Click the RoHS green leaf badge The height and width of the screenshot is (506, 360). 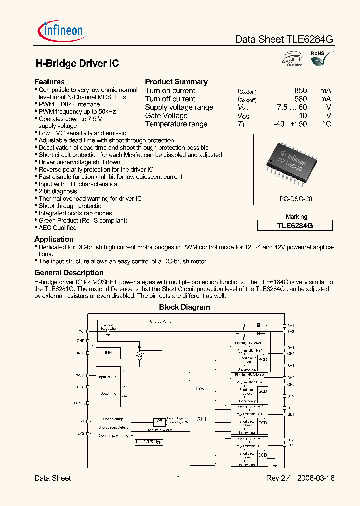click(317, 58)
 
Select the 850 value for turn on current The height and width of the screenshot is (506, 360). click(300, 91)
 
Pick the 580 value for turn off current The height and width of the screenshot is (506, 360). click(300, 99)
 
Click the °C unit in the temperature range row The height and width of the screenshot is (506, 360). click(327, 124)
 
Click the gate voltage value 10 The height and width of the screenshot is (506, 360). click(302, 116)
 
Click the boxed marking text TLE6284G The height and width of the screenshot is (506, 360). click(295, 225)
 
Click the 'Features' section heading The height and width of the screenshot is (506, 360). click(49, 82)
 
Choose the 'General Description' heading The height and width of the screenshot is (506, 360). click(69, 273)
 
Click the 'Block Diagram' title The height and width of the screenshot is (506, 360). click(184, 307)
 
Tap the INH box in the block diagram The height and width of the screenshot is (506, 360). click(108, 353)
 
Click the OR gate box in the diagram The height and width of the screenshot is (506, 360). click(159, 421)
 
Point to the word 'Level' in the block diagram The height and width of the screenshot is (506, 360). click(202, 388)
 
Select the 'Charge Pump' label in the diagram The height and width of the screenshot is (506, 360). click(161, 322)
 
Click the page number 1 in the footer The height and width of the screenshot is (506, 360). click(178, 478)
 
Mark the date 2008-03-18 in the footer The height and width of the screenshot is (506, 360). click(316, 478)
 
